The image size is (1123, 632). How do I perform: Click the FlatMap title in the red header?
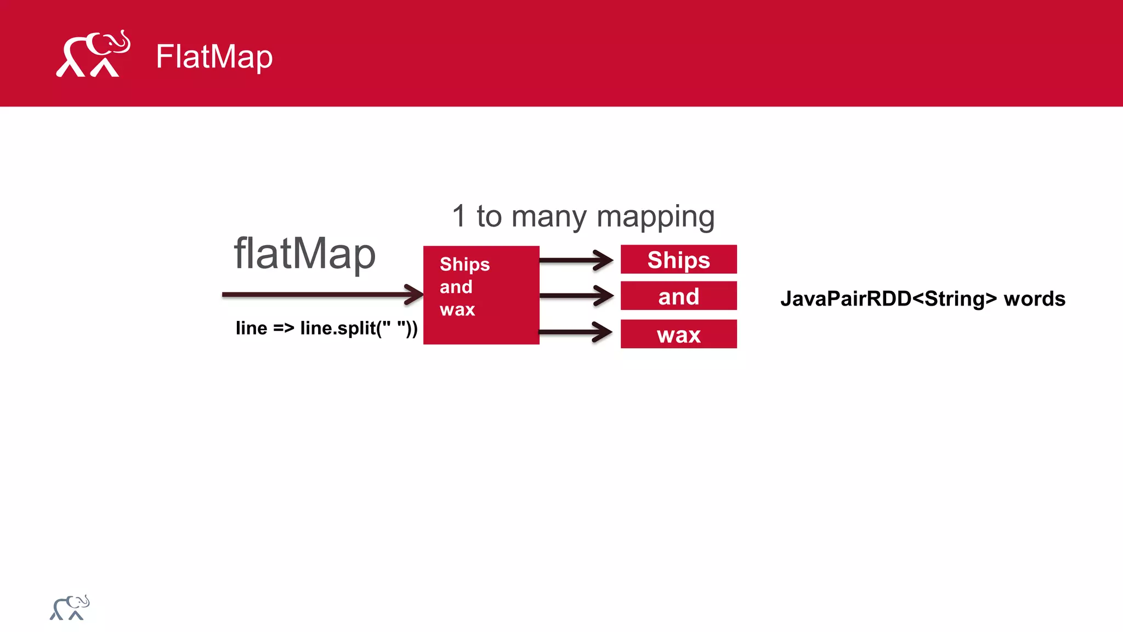click(x=214, y=57)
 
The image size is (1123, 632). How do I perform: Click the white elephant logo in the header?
click(x=93, y=54)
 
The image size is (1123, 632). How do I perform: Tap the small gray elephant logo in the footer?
click(x=70, y=607)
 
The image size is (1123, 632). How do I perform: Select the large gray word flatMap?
click(x=304, y=253)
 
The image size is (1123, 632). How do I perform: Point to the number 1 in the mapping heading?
click(x=459, y=216)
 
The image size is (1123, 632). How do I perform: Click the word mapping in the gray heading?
click(x=655, y=217)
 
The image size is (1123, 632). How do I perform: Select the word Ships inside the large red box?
click(x=464, y=264)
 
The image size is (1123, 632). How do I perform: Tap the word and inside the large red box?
click(x=456, y=287)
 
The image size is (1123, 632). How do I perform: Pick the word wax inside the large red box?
click(x=457, y=309)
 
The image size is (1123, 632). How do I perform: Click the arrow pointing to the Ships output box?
click(x=576, y=260)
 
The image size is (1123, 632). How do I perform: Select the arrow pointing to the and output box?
click(x=576, y=296)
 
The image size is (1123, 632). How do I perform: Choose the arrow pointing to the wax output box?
click(x=576, y=332)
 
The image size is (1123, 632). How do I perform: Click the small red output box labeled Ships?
click(x=678, y=259)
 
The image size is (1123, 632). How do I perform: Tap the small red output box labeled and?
click(x=678, y=296)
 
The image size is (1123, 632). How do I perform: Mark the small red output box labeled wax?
click(x=678, y=334)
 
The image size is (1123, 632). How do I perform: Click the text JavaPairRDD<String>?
click(x=888, y=299)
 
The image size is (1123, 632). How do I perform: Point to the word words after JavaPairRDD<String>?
click(x=1034, y=299)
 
